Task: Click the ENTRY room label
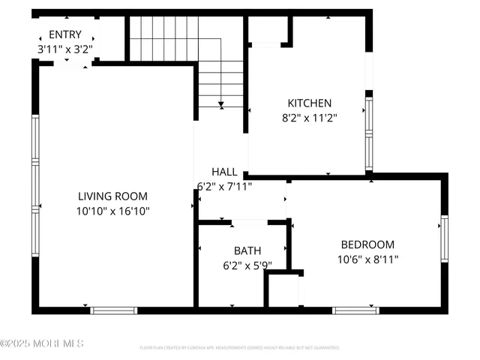pos(65,34)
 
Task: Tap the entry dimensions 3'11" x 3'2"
pos(65,49)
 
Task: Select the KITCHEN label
pos(310,103)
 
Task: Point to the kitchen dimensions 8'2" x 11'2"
pos(310,117)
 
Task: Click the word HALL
pos(224,172)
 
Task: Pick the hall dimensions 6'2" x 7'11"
pos(224,186)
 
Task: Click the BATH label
pos(247,250)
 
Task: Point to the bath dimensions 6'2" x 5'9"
pos(247,265)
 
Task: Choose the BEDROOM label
pos(367,244)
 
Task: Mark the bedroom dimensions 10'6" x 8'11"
pos(367,259)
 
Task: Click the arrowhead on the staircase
pos(220,104)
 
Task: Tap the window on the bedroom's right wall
pos(444,238)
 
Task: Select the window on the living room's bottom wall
pos(114,310)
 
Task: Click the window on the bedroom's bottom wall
pos(355,310)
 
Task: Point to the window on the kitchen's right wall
pos(368,131)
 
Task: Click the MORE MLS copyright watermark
pos(42,343)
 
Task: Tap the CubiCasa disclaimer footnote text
pos(239,348)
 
